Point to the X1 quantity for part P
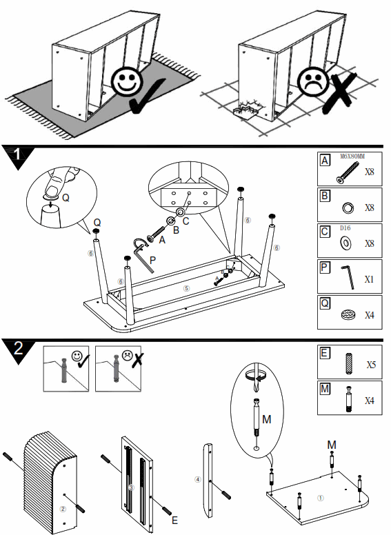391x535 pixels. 369,280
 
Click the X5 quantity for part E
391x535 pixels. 370,365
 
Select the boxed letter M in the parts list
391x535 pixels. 325,388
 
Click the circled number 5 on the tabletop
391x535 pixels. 186,289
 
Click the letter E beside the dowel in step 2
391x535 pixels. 174,520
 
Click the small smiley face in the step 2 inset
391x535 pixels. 77,356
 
